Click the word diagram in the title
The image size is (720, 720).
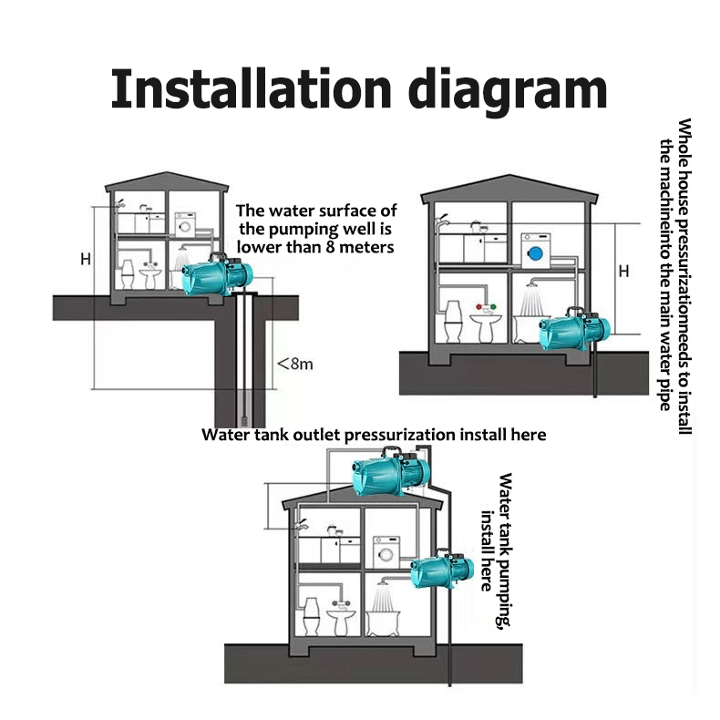508,92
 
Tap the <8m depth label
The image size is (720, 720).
295,365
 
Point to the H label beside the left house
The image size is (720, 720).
86,260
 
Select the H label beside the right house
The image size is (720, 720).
623,272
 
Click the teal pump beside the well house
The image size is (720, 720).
217,274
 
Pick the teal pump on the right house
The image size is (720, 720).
575,327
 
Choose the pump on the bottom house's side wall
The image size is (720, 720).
442,569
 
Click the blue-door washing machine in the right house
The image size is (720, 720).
535,251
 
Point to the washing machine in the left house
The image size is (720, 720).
185,224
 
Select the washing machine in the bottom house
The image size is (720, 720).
386,553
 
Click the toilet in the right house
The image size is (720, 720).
453,322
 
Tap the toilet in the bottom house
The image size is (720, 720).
312,616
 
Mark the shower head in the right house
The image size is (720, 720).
532,284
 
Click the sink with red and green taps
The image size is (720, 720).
486,324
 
